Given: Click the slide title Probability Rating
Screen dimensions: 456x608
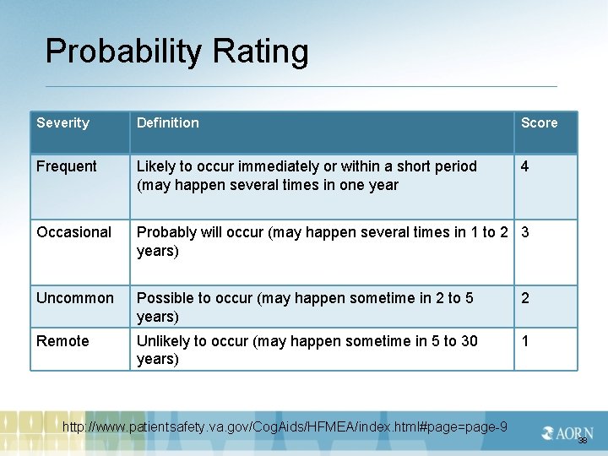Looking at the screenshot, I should tap(176, 52).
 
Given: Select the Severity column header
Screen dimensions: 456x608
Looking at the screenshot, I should tap(62, 123).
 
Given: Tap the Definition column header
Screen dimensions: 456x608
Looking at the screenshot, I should tap(168, 123).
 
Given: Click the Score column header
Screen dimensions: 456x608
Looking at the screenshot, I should tap(539, 123).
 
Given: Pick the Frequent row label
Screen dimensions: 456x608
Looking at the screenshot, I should tap(67, 166).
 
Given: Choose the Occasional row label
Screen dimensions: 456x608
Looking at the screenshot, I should tap(73, 232).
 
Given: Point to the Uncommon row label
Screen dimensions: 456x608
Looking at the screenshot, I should tap(74, 298).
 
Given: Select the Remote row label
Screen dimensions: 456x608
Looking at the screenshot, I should tap(62, 341).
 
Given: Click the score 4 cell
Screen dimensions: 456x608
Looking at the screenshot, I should tap(525, 166).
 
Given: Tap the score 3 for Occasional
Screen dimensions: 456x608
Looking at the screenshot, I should tap(525, 232).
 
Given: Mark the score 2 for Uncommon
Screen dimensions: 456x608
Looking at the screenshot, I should tap(525, 298).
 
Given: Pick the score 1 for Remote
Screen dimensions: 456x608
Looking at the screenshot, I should tap(525, 341).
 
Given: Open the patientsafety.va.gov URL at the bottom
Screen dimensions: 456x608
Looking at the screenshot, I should tap(285, 427).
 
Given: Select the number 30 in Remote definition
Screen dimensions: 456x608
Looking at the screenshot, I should tap(469, 341).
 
